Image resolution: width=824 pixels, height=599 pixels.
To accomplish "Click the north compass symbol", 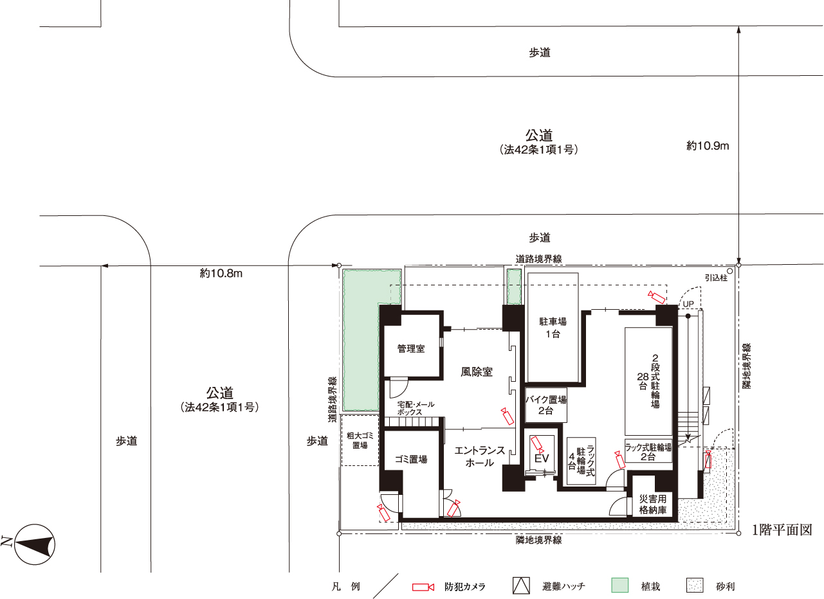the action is (x=35, y=544).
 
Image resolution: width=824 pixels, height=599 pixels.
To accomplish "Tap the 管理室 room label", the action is (x=411, y=348).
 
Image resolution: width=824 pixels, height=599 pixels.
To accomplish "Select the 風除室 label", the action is (x=477, y=371).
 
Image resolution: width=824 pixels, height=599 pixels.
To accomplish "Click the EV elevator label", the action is (x=542, y=458).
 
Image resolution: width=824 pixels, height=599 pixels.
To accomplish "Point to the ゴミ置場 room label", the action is (x=411, y=459).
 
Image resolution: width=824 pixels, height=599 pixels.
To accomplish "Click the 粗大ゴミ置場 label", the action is (x=360, y=440).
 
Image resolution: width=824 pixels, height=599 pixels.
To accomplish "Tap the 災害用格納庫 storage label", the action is (x=653, y=504).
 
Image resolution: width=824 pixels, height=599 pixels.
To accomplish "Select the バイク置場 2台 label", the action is (x=546, y=405).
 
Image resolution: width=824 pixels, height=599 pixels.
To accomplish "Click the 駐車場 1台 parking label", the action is (x=553, y=328).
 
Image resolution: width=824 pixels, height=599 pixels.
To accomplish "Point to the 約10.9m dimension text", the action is (x=708, y=146).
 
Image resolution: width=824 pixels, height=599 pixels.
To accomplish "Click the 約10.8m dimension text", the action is (x=221, y=273).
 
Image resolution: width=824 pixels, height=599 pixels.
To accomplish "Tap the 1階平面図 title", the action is (x=782, y=530).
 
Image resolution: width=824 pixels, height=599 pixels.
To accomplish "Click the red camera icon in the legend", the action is (x=423, y=587).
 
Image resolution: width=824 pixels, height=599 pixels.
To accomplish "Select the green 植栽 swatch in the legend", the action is (x=620, y=586).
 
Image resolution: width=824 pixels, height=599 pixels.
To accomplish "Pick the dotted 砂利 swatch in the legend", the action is (x=695, y=586).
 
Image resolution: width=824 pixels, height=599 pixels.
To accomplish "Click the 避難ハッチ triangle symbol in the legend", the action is (x=521, y=586).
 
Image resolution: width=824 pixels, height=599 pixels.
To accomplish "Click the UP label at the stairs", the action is (x=688, y=304).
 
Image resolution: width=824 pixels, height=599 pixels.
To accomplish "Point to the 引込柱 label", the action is (x=716, y=278).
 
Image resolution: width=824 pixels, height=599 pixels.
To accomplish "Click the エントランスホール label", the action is (x=480, y=456).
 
